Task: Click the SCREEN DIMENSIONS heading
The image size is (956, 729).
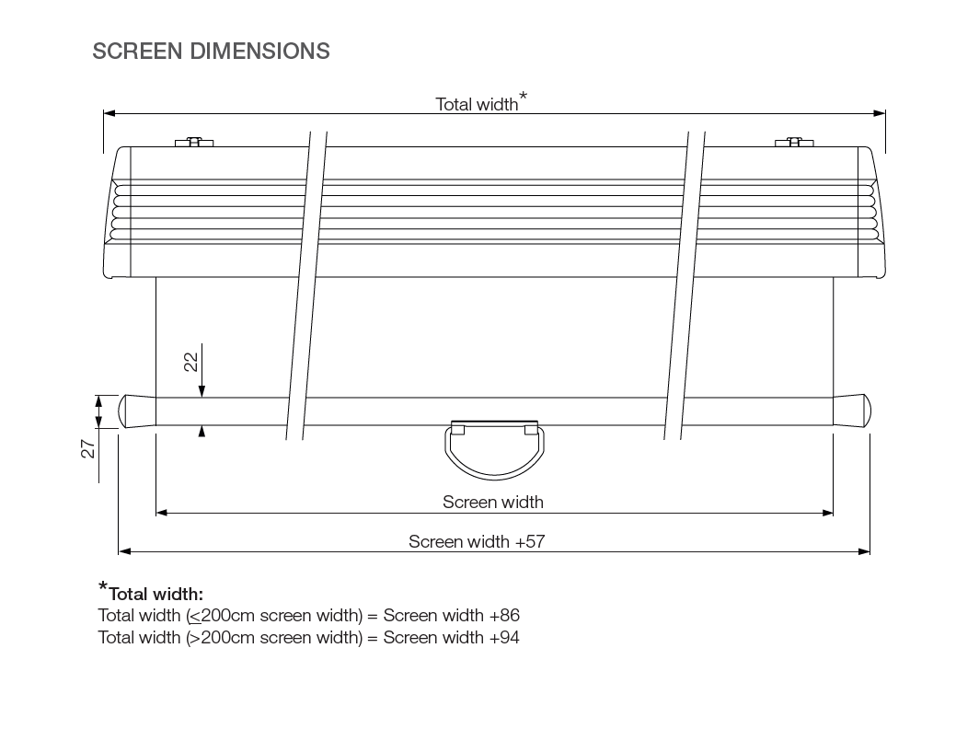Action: click(211, 52)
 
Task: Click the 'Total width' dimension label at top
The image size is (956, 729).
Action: click(477, 104)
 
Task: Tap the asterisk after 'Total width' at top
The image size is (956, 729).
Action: click(524, 96)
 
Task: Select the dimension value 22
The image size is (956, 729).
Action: click(191, 362)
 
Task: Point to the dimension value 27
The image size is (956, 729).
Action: click(88, 449)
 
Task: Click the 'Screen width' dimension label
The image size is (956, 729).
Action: click(492, 502)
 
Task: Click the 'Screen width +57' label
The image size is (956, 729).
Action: click(477, 542)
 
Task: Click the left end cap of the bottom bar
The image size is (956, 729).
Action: click(137, 411)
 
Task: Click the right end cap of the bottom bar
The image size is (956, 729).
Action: click(852, 411)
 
